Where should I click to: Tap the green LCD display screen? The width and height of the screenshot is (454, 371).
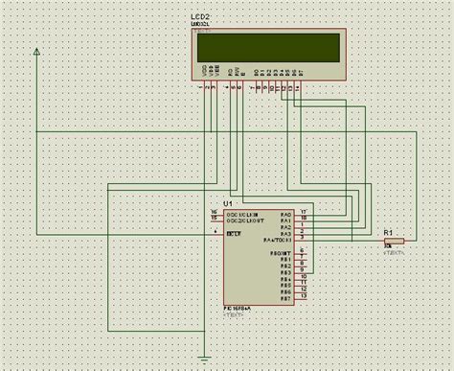[x=269, y=47]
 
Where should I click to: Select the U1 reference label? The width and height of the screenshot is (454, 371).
[x=228, y=203]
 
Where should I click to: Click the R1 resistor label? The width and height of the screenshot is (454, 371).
[x=388, y=232]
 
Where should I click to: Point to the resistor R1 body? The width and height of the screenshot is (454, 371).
[x=396, y=240]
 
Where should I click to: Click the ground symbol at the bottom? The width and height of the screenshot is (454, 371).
[x=205, y=359]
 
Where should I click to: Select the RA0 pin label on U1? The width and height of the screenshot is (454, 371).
[x=284, y=213]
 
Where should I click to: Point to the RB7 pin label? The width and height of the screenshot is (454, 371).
[x=284, y=297]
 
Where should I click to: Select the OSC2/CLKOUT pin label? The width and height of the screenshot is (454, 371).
[x=238, y=220]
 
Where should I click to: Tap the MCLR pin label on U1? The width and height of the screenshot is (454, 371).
[x=233, y=233]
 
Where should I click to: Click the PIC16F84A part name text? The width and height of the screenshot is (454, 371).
[x=238, y=307]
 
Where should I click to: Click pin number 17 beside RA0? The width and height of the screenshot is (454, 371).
[x=303, y=210]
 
